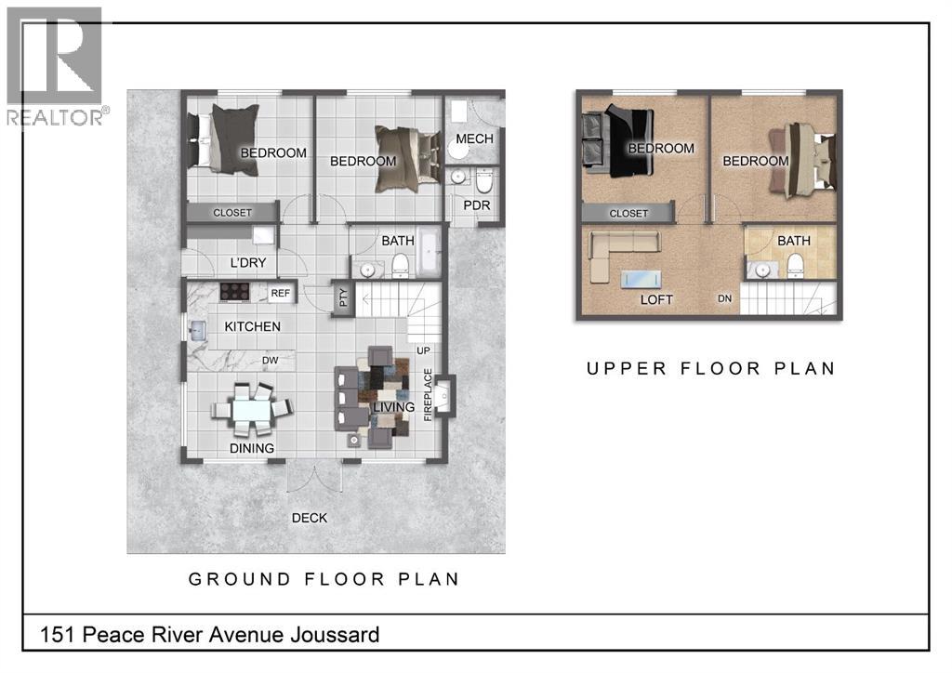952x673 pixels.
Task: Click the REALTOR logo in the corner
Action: (56, 65)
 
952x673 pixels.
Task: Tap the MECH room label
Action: (476, 139)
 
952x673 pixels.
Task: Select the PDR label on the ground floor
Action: (476, 205)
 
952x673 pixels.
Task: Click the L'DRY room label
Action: (248, 263)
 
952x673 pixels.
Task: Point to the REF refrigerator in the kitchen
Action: (280, 294)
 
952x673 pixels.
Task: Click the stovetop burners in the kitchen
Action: (234, 292)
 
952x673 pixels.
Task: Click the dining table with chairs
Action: (251, 409)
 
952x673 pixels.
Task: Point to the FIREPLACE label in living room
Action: (429, 395)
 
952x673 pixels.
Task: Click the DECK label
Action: (310, 518)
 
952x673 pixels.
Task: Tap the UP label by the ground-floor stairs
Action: (424, 351)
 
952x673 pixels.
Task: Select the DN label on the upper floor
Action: (723, 298)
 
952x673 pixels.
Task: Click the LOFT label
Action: (655, 300)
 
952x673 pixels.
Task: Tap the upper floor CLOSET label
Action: (628, 213)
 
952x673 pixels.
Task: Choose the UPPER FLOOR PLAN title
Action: (710, 368)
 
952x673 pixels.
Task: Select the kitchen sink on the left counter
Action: (197, 329)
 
